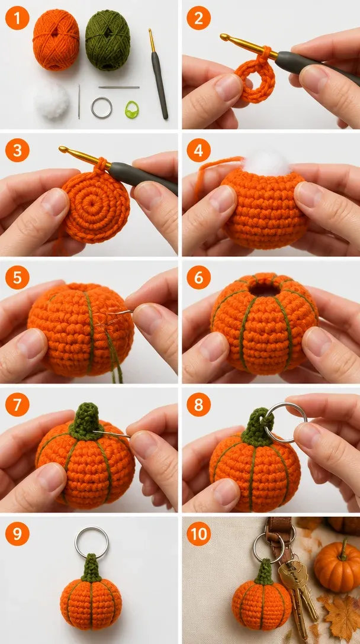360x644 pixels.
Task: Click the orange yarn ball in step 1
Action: click(x=56, y=40)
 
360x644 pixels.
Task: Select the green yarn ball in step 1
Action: click(x=108, y=40)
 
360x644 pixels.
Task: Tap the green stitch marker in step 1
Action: click(x=132, y=110)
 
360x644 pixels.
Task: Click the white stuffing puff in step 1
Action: click(x=52, y=101)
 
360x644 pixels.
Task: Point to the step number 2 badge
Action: click(x=198, y=18)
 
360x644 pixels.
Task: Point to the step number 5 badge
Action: click(x=17, y=277)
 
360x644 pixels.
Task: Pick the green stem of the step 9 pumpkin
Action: click(x=91, y=568)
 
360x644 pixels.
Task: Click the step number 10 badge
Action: click(x=198, y=533)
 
